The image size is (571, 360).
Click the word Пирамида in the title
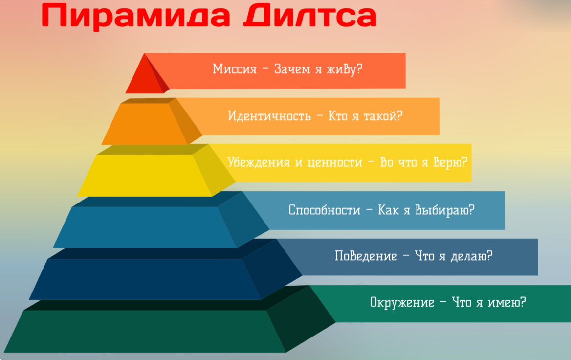point(136,17)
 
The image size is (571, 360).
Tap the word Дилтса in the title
point(310,16)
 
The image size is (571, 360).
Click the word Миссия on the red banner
point(235,69)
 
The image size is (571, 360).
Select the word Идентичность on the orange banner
point(269,116)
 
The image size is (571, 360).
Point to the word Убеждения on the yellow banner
point(259,162)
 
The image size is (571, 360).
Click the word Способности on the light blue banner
point(324,210)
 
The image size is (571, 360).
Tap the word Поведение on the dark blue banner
point(366,256)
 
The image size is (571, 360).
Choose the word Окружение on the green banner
point(402,302)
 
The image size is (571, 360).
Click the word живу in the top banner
point(342,69)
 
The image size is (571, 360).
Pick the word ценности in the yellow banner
point(335,162)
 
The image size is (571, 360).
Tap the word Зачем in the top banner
point(292,69)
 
